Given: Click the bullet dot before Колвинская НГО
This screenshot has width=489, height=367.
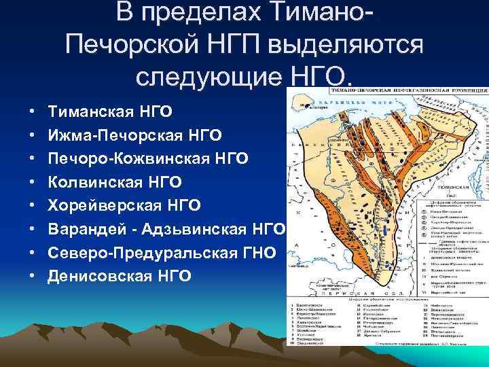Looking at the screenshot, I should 33,181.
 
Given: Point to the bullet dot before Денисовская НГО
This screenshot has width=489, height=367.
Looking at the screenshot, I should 33,275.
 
